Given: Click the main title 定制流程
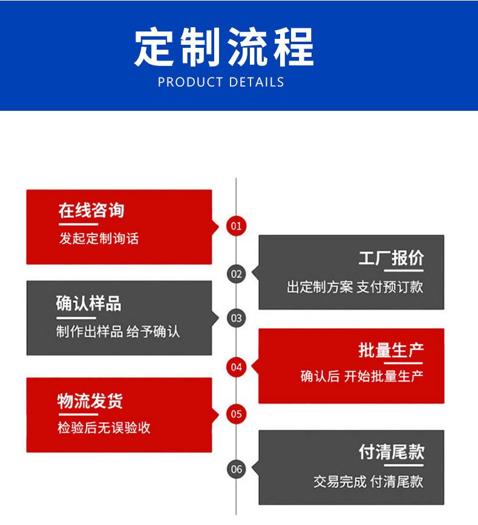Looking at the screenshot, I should pos(224,47).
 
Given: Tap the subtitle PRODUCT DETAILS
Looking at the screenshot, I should pos(221,82).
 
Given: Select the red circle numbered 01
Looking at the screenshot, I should pos(236,226).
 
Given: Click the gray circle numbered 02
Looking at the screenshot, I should pos(236,274).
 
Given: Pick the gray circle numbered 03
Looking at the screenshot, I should pos(236,317).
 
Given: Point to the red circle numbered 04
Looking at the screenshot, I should pos(236,366).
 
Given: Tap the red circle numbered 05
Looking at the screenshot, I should pos(236,414).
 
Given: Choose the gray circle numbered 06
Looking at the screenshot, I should pos(236,469).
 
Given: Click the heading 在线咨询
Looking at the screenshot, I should pos(91,210).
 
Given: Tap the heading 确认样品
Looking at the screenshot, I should pos(89,303).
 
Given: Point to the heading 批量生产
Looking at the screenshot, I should pos(391,350).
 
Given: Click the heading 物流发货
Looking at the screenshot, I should pos(90,400).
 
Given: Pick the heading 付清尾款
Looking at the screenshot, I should pos(391,452).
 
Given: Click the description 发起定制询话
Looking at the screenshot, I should pos(99,239).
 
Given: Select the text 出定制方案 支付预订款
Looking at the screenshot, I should pos(355,286).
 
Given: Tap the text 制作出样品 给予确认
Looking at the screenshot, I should pos(118,332).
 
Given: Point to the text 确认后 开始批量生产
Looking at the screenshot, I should pos(362,376).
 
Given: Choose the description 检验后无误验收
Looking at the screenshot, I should pos(104,428).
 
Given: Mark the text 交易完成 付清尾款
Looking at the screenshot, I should pos(368,481).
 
